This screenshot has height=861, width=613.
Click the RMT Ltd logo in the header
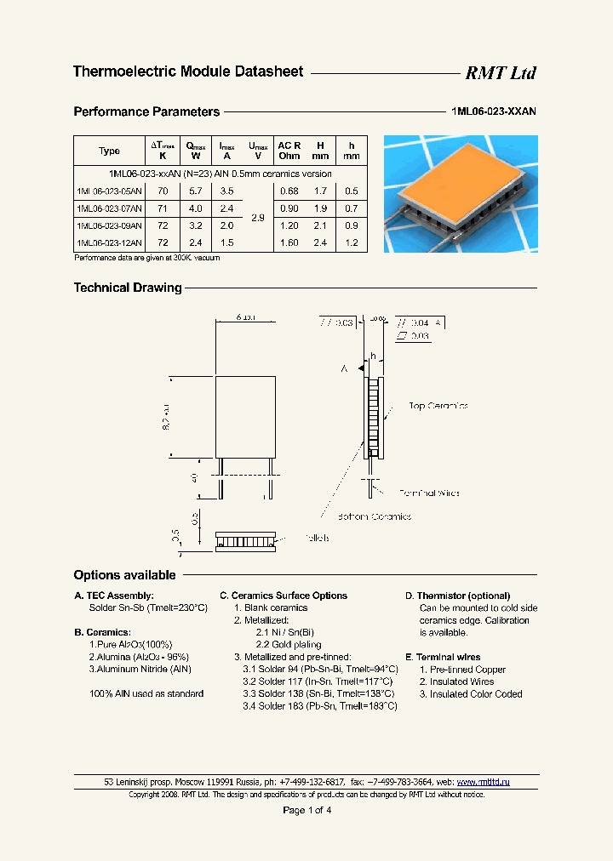[500, 73]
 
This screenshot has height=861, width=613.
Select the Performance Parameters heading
[146, 111]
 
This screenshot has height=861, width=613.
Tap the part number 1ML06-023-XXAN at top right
[494, 111]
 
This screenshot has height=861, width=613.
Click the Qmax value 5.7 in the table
[195, 191]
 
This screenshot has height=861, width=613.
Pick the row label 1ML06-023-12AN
[109, 242]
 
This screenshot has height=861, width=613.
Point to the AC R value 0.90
[289, 208]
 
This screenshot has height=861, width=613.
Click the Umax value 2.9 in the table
[257, 218]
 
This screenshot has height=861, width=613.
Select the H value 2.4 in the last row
[319, 242]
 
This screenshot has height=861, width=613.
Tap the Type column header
[109, 151]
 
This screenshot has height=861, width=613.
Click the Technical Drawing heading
[128, 288]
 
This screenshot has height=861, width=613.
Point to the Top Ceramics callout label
[438, 406]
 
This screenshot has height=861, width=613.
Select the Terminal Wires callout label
[429, 493]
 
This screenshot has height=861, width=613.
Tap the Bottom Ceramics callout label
[374, 516]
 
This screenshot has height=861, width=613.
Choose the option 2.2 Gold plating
[284, 645]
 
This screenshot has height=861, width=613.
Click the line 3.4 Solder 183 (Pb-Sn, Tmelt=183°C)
[319, 706]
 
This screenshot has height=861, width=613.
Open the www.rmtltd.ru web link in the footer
[483, 781]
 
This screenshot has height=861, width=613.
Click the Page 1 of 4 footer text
[306, 810]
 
